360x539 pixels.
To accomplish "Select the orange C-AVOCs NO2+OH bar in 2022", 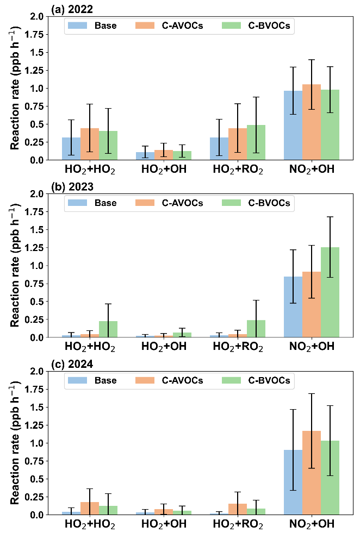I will pyautogui.click(x=312, y=122).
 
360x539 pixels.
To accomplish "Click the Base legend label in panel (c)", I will pyautogui.click(x=105, y=380).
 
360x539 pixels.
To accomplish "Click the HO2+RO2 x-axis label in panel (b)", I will pyautogui.click(x=238, y=347).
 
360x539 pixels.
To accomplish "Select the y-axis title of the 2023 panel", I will pyautogui.click(x=15, y=265).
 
